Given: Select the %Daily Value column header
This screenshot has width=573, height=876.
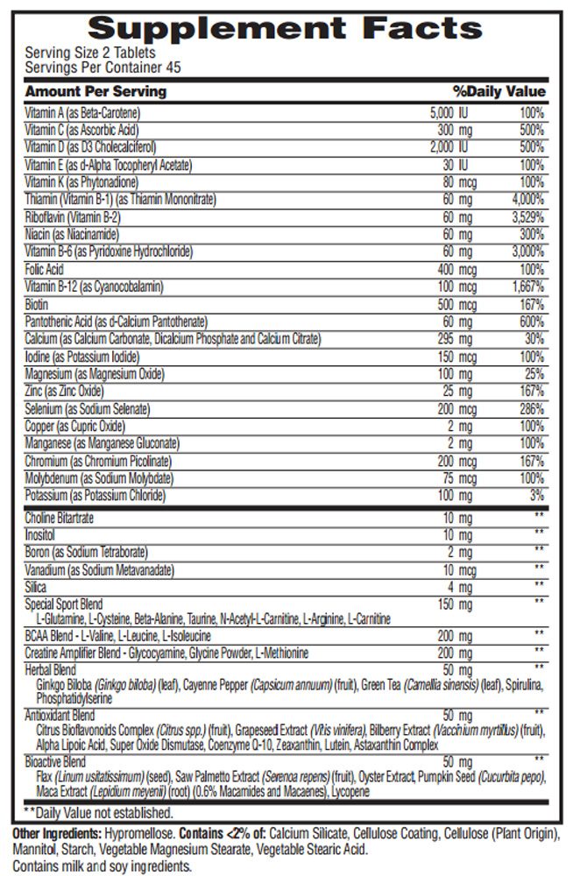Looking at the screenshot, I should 499,92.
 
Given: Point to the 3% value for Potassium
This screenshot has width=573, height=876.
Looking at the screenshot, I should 536,496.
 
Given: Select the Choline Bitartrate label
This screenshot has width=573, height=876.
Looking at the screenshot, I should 60,519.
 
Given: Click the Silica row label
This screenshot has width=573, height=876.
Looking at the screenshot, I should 36,587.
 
